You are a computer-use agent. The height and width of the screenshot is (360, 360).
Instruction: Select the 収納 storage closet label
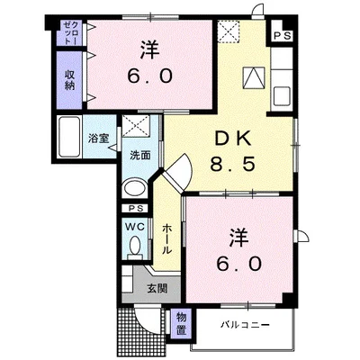tap(69, 79)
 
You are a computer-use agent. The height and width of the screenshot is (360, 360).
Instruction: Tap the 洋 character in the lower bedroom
tap(238, 237)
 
